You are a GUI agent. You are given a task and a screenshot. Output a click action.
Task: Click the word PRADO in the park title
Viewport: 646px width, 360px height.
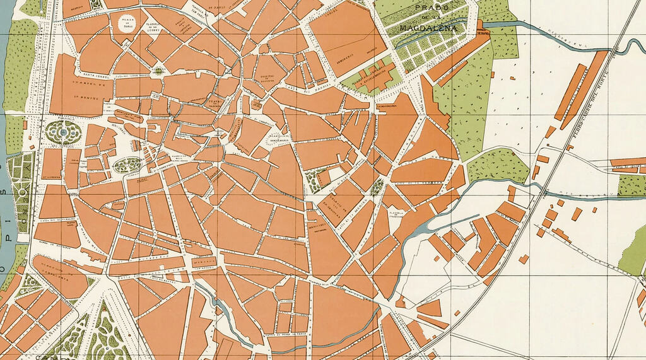[432, 7]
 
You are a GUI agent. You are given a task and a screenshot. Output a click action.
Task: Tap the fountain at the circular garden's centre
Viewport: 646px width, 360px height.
[63, 132]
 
